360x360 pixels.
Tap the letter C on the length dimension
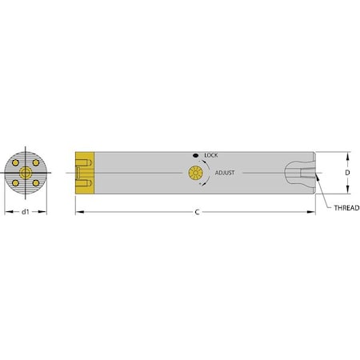point(197,212)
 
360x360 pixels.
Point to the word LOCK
point(212,154)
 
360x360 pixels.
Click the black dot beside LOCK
point(194,154)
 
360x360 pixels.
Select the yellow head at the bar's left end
point(85,172)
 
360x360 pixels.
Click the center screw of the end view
point(26,173)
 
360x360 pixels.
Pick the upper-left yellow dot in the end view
point(18,163)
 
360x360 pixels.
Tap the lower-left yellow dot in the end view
point(18,182)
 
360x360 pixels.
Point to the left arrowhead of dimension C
point(78,212)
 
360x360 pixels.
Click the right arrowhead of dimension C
point(313,212)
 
